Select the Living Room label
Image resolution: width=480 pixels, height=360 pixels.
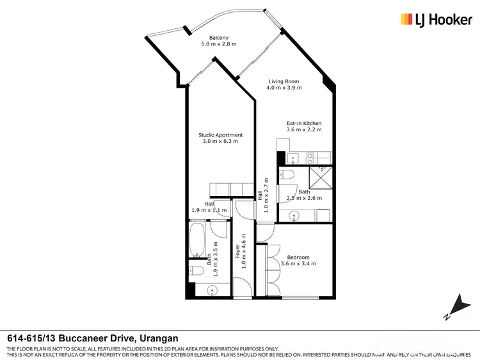[284, 81]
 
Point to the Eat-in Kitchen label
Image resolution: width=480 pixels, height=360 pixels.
[303, 123]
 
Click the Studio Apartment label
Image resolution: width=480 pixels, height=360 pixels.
[220, 135]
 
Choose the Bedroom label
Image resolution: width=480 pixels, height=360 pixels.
[298, 258]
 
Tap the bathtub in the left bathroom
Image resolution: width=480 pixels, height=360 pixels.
[198, 239]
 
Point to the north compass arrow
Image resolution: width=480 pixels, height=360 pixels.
[456, 305]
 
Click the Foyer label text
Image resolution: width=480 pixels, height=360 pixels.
[237, 247]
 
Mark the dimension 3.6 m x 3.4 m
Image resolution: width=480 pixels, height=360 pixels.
[298, 264]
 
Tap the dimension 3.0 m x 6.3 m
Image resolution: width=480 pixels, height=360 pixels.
[220, 142]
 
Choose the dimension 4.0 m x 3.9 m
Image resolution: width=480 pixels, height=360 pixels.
[284, 88]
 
